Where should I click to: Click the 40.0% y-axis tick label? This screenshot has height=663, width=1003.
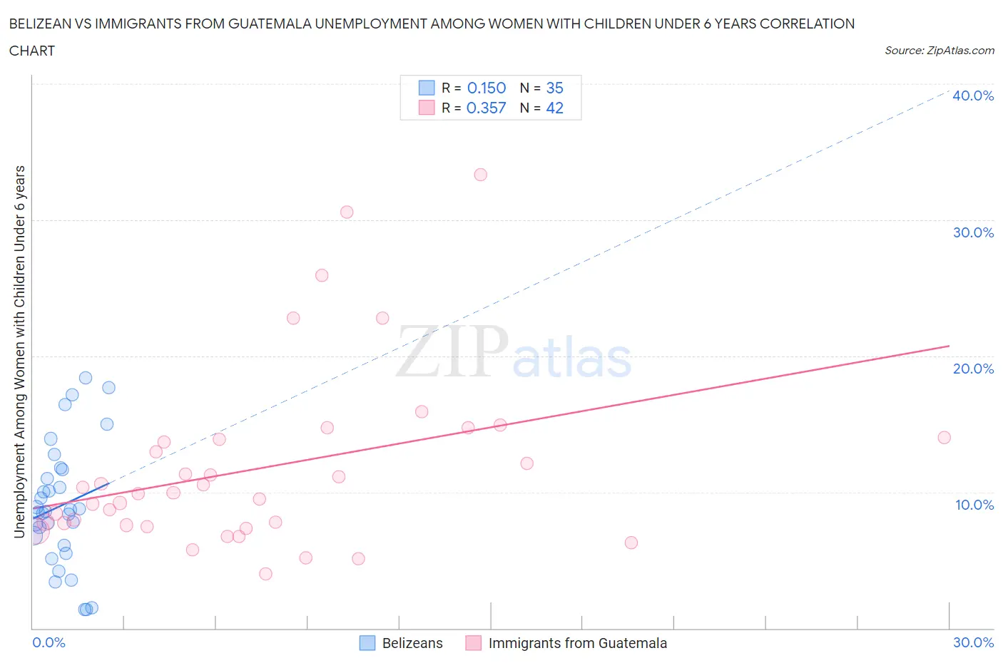[x=972, y=96]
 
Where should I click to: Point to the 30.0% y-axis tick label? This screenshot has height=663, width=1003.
[x=972, y=232]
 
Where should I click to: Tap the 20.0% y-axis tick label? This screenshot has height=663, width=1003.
[x=972, y=369]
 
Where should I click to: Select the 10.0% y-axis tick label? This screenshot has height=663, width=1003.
[x=974, y=505]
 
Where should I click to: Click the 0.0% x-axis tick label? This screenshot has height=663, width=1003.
[x=49, y=642]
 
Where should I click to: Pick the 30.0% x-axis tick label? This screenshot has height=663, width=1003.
[x=973, y=642]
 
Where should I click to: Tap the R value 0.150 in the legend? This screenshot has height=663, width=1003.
[x=486, y=88]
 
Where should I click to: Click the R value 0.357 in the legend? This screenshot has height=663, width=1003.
[x=486, y=108]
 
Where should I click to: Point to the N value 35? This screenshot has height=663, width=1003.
[x=554, y=88]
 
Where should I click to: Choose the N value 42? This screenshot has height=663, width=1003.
[x=554, y=108]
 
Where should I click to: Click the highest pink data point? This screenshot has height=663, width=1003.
[x=481, y=175]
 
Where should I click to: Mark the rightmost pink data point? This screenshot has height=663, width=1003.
[x=944, y=438]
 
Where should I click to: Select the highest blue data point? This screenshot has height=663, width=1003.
[x=86, y=378]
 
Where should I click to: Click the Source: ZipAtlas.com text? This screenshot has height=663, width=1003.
[x=939, y=51]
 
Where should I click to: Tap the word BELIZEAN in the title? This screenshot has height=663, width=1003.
[x=44, y=24]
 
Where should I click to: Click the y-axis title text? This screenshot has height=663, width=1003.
[x=19, y=351]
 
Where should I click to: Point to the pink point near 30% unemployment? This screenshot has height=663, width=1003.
[x=347, y=212]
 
